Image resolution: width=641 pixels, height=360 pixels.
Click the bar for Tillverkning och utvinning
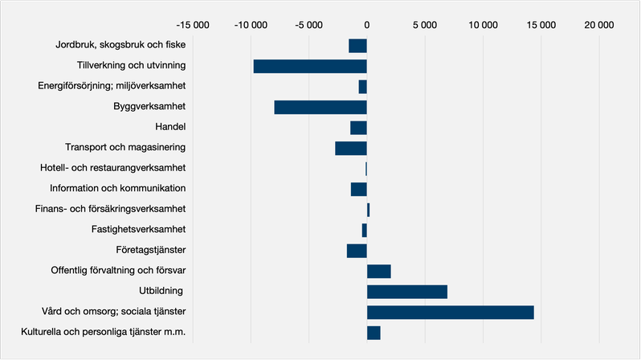[310, 66]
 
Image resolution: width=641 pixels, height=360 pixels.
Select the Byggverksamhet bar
[320, 107]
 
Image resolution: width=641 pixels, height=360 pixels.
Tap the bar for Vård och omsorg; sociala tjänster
[451, 312]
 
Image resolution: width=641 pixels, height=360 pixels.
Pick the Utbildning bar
[407, 292]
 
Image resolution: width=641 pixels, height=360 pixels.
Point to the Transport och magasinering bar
[351, 148]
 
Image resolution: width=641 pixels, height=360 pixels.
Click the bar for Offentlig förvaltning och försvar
[379, 272]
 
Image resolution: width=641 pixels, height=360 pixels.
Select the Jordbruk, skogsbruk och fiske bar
[357, 46]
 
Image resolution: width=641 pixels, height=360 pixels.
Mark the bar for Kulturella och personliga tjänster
[374, 333]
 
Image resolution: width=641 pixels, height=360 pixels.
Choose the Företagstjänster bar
[357, 251]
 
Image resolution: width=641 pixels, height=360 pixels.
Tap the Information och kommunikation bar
[359, 190]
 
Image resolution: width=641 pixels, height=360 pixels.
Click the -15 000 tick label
[193, 25]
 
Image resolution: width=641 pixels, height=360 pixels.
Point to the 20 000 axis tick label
[599, 25]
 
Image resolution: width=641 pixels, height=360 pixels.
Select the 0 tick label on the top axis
[367, 25]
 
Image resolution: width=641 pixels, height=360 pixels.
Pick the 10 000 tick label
[483, 25]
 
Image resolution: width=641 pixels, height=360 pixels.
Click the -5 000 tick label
[308, 25]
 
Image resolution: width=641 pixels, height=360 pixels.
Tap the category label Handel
[170, 127]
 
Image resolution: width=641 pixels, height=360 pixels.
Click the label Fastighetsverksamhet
[139, 229]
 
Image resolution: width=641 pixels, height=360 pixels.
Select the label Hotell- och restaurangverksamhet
[112, 168]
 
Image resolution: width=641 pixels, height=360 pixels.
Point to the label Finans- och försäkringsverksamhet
[110, 209]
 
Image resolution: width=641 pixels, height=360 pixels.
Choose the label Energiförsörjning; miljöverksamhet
[112, 86]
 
